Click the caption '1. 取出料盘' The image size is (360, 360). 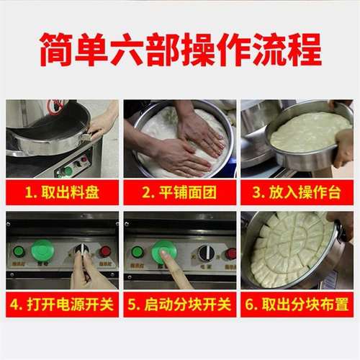click(62, 192)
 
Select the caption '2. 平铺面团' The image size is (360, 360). click(179, 192)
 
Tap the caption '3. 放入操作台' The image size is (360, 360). click(297, 192)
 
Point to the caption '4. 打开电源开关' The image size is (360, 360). click(62, 304)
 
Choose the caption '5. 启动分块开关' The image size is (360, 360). click(179, 304)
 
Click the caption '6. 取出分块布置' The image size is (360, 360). click(297, 304)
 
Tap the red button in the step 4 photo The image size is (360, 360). click(105, 251)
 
